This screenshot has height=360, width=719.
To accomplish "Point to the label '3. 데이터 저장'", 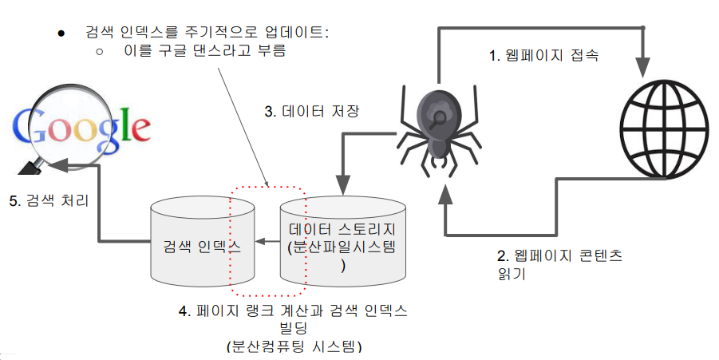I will (313, 112).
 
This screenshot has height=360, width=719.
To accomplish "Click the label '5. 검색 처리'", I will (49, 200).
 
